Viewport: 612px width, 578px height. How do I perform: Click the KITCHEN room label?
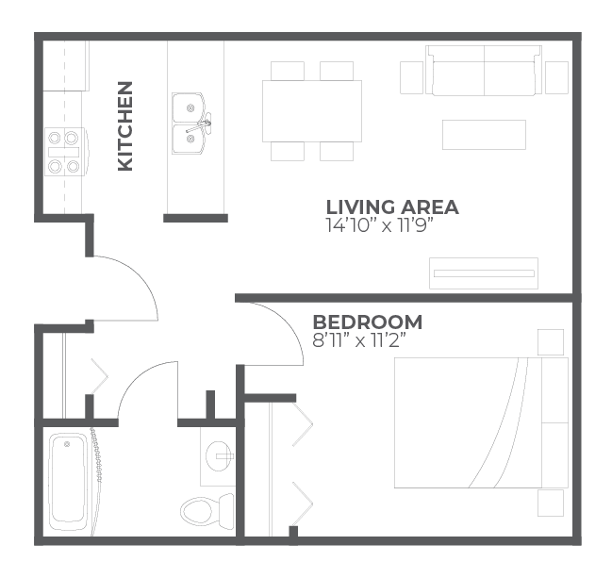pyautogui.click(x=124, y=125)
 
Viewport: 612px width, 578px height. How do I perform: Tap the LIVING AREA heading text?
pyautogui.click(x=391, y=206)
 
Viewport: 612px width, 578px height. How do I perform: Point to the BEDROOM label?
pyautogui.click(x=368, y=322)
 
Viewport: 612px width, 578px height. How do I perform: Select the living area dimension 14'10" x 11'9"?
pyautogui.click(x=379, y=226)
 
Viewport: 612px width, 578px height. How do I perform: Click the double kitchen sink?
pyautogui.click(x=191, y=124)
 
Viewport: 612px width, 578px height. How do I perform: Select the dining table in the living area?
pyautogui.click(x=312, y=110)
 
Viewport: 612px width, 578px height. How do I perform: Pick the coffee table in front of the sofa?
pyautogui.click(x=484, y=134)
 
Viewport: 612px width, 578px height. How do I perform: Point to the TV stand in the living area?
pyautogui.click(x=483, y=272)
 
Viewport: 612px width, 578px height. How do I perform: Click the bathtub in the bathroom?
pyautogui.click(x=68, y=480)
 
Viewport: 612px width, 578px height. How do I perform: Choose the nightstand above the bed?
pyautogui.click(x=550, y=341)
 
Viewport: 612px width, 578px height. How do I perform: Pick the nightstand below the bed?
pyautogui.click(x=550, y=503)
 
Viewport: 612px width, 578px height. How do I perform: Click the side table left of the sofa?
pyautogui.click(x=412, y=77)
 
